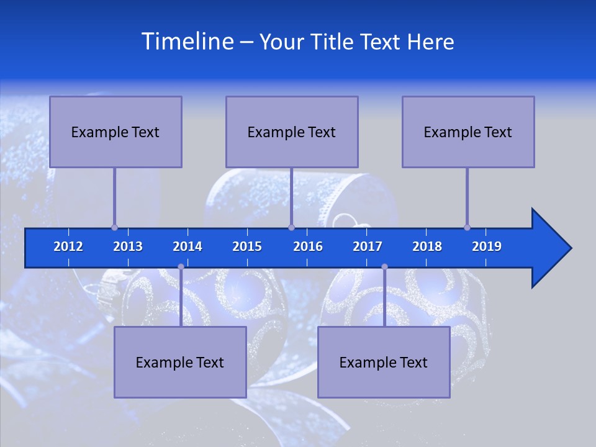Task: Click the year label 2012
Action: tap(68, 246)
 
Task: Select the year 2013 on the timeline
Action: tap(128, 246)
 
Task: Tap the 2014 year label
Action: tap(187, 246)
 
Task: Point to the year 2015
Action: tap(247, 246)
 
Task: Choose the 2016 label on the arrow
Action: tap(308, 246)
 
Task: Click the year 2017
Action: tap(368, 246)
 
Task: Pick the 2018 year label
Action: tap(427, 246)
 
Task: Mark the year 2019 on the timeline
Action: tap(487, 246)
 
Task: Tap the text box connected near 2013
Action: tap(115, 132)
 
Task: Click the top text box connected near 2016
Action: tap(292, 132)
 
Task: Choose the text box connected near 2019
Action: tap(468, 132)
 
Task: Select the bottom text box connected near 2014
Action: tap(180, 362)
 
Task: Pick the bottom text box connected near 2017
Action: tap(384, 362)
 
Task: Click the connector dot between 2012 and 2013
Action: tap(114, 227)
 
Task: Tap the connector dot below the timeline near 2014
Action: tap(181, 267)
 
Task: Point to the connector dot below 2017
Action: tap(384, 267)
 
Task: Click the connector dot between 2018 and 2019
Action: tap(467, 227)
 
